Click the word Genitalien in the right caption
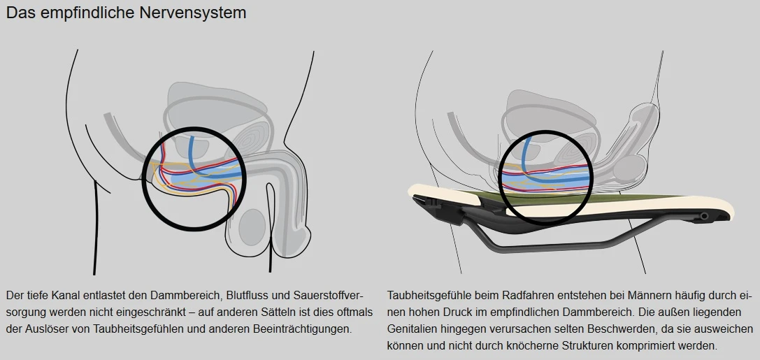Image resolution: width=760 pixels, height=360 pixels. (412, 329)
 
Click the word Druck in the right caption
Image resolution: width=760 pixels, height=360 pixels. (456, 311)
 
